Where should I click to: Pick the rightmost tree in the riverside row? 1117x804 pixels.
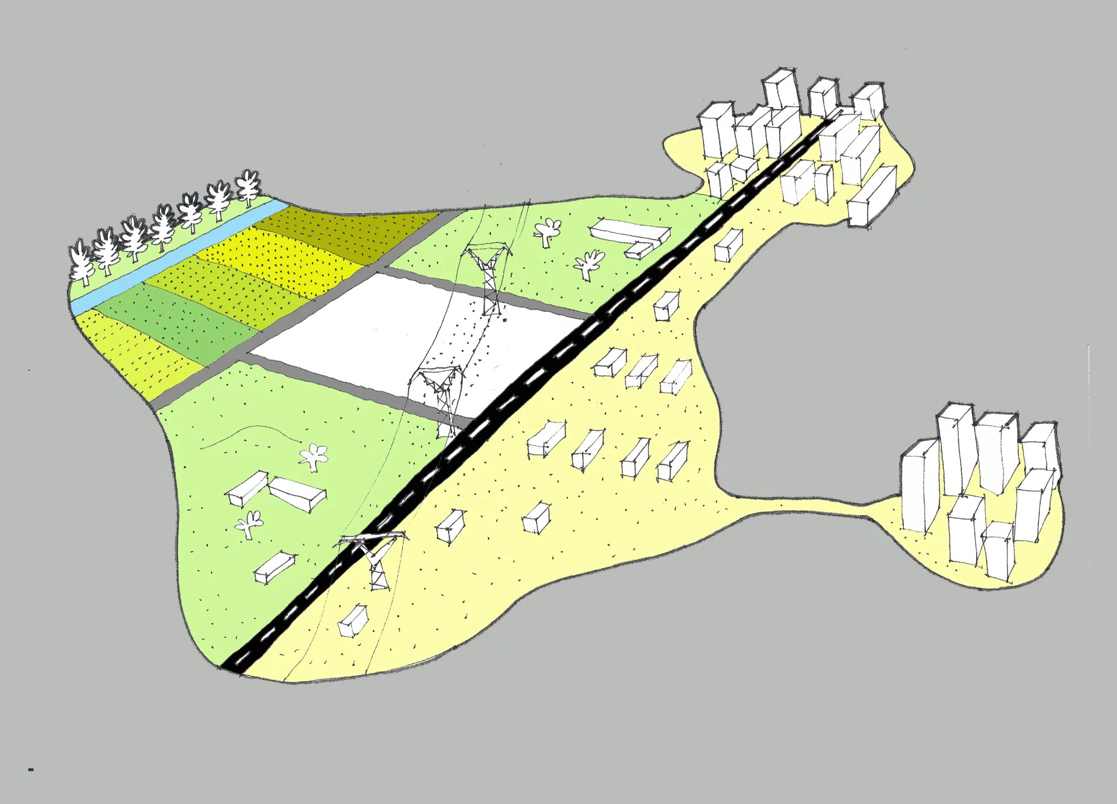click(x=248, y=187)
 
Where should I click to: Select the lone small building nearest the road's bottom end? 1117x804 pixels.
click(x=352, y=621)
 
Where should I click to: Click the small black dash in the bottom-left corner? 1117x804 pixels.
click(x=31, y=769)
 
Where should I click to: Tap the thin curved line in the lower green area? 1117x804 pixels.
click(x=250, y=434)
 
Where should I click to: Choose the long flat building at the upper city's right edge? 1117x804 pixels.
click(x=872, y=196)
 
